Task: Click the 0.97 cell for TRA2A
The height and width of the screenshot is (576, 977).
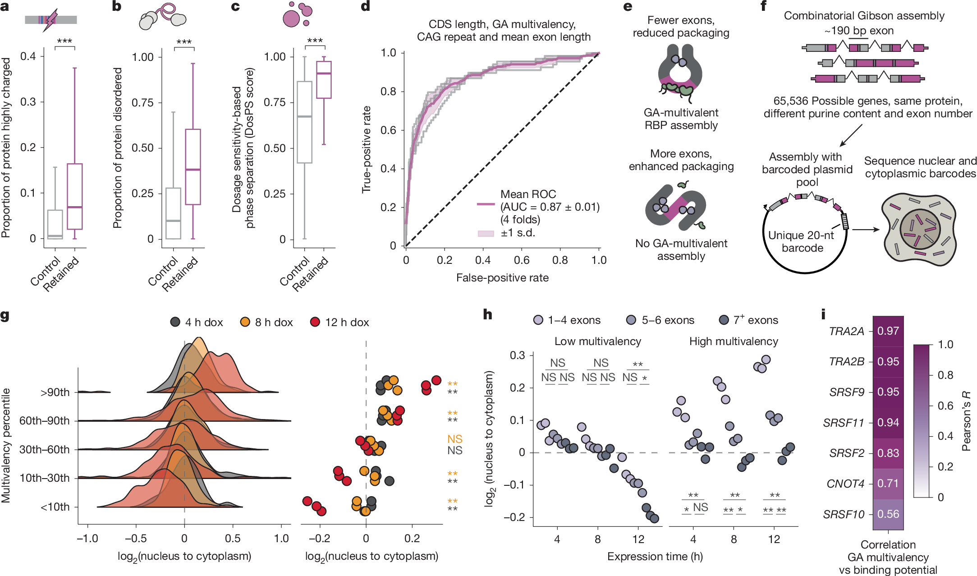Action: pos(888,331)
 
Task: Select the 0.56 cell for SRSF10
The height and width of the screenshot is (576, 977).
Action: pos(888,514)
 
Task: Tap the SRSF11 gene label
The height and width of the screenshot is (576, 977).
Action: pos(843,423)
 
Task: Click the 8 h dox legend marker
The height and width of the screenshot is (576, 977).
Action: pos(245,322)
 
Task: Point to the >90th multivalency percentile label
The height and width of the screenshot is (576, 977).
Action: pos(55,392)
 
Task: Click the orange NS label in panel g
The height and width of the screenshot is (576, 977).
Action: pos(454,439)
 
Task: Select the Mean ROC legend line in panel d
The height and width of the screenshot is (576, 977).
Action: pos(486,204)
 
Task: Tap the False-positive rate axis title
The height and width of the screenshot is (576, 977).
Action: pos(502,278)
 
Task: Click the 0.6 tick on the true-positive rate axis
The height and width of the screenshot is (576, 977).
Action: pos(388,130)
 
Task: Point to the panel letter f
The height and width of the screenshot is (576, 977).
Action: pos(763,6)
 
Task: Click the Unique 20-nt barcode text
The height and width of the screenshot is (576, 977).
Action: pos(801,241)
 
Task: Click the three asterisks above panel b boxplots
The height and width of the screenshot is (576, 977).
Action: pos(183,42)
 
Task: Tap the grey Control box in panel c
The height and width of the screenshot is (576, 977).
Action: pos(305,122)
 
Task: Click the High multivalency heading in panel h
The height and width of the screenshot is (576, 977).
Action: pos(734,341)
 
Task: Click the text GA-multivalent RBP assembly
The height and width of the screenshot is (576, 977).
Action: pos(681,119)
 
